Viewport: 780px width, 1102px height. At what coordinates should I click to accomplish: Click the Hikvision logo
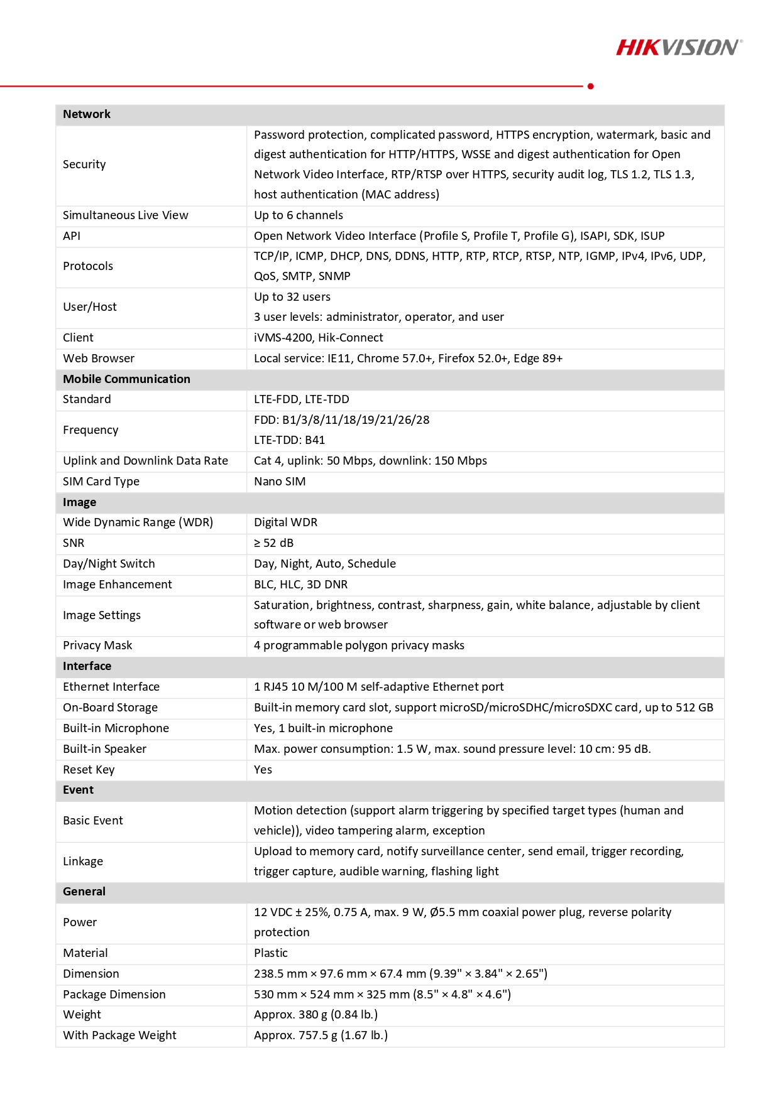click(x=679, y=48)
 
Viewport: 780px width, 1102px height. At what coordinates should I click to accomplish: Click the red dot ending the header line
click(x=591, y=86)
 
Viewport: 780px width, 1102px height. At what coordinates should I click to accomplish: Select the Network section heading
click(x=87, y=114)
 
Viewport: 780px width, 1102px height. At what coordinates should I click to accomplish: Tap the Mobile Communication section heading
click(x=126, y=379)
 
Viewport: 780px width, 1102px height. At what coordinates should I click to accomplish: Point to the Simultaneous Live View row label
click(x=126, y=215)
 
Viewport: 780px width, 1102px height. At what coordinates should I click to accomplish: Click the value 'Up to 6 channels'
click(x=299, y=215)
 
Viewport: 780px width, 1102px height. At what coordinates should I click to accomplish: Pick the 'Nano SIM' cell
click(x=280, y=482)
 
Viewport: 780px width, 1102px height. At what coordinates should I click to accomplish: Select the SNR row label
click(x=74, y=543)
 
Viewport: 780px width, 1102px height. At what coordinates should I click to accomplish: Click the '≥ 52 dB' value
click(x=274, y=543)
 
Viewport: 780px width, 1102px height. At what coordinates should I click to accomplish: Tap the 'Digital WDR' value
click(x=285, y=522)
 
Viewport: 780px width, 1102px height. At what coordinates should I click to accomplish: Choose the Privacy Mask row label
click(x=97, y=646)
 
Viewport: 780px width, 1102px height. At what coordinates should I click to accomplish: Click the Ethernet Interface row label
click(x=111, y=687)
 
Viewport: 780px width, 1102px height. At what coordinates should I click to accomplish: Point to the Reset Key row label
click(x=89, y=770)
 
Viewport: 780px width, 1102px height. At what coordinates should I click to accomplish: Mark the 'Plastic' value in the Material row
click(x=271, y=953)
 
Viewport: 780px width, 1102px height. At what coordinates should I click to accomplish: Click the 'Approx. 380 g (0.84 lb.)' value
click(x=316, y=1015)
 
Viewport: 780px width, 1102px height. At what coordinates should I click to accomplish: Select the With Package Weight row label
click(x=119, y=1035)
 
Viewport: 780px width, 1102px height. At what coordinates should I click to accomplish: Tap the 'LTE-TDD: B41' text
click(x=289, y=440)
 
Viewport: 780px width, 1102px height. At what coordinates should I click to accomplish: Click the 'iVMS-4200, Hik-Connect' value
click(x=319, y=338)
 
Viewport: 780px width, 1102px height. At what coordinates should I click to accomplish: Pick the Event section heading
click(x=78, y=790)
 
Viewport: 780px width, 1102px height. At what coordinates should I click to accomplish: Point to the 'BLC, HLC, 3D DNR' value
click(x=300, y=585)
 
